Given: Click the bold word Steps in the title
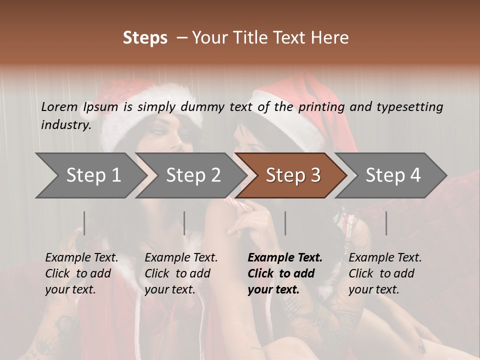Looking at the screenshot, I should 145,38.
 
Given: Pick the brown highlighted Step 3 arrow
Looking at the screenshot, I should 293,175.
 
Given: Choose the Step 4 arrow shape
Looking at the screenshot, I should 393,175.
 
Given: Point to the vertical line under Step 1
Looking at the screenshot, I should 84,223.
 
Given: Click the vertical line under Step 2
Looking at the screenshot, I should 184,223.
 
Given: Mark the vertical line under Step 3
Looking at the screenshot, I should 285,223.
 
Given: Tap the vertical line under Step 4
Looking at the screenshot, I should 386,223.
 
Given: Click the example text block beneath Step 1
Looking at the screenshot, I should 81,273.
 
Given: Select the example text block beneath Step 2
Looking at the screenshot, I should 181,273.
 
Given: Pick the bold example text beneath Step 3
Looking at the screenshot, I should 285,273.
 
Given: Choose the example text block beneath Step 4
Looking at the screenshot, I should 385,273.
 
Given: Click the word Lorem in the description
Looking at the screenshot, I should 59,107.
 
